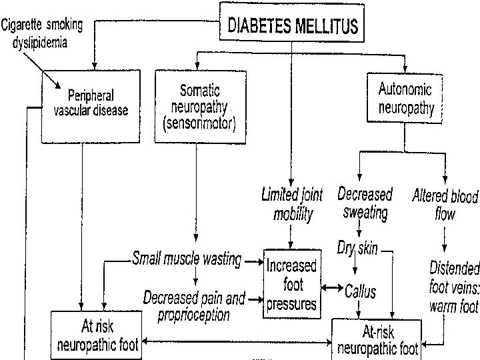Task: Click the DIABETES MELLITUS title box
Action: (x=293, y=25)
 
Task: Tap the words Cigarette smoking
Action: (x=42, y=25)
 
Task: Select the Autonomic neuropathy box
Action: (x=404, y=99)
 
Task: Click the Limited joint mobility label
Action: (x=291, y=205)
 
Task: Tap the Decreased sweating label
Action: (x=364, y=203)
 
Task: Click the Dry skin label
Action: (x=358, y=250)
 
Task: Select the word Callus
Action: (x=360, y=291)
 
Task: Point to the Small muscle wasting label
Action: (x=187, y=259)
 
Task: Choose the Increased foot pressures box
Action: (x=291, y=285)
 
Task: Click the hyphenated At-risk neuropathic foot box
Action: (x=377, y=339)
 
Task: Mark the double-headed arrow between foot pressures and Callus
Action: (x=331, y=288)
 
